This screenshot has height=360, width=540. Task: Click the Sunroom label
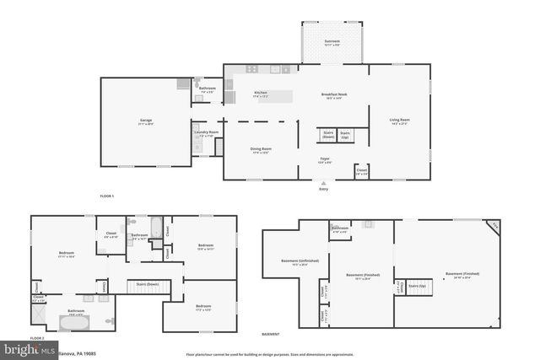click(332, 42)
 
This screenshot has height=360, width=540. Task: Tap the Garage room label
click(146, 122)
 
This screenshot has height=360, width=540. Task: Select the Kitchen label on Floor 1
click(261, 95)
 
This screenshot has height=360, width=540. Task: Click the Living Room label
click(399, 121)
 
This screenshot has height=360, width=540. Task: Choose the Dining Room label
click(261, 150)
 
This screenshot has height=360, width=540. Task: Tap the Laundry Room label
click(206, 133)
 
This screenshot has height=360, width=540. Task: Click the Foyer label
click(323, 160)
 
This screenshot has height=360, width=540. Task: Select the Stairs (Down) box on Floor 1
click(328, 135)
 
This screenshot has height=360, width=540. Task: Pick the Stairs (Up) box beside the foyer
click(345, 135)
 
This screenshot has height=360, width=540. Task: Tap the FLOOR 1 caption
click(106, 196)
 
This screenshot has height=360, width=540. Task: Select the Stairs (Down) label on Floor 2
click(148, 284)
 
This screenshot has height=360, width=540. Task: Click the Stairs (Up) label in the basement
click(417, 286)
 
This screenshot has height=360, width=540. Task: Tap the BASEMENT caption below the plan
click(271, 334)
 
